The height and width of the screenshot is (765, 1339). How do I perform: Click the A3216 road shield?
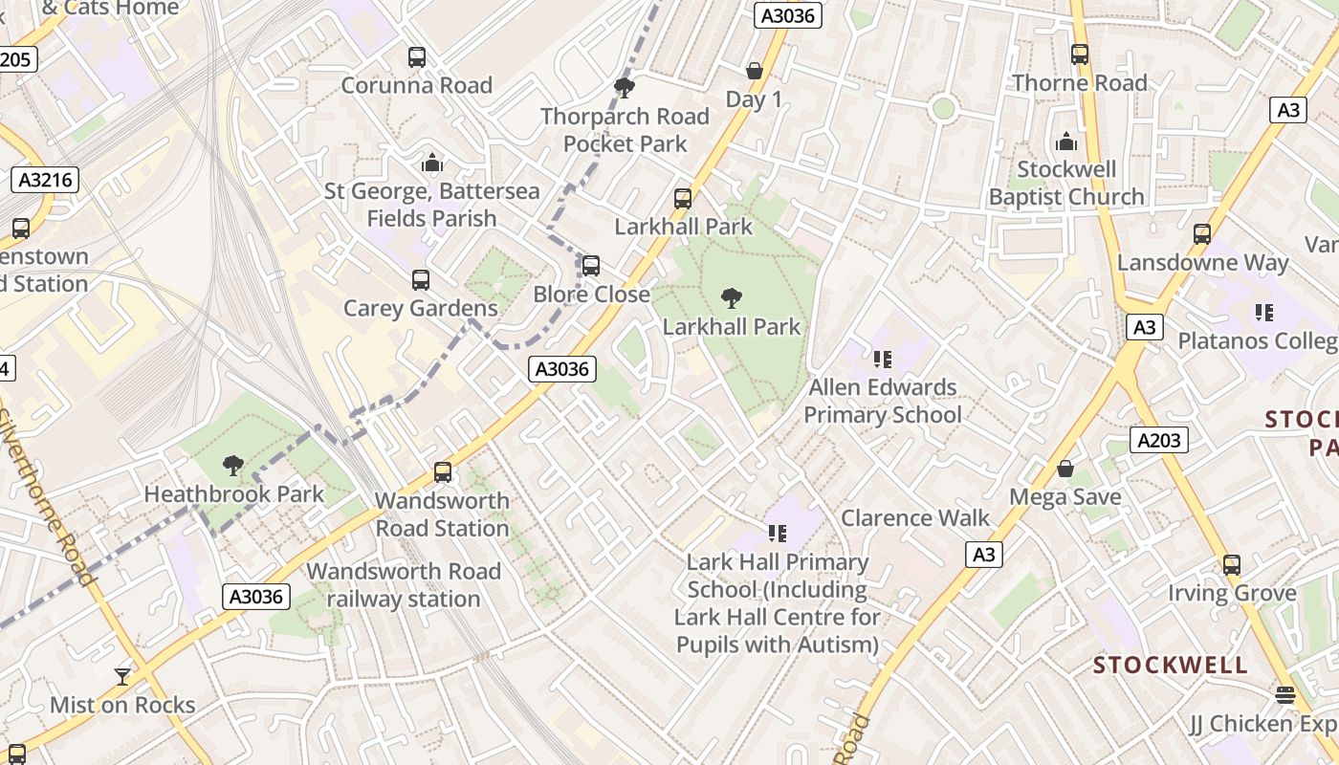pyautogui.click(x=45, y=180)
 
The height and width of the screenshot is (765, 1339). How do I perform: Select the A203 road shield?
pyautogui.click(x=1159, y=440)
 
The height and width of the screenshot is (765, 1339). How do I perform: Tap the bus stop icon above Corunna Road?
pyautogui.click(x=417, y=57)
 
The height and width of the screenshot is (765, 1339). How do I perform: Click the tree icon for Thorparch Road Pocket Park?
pyautogui.click(x=625, y=89)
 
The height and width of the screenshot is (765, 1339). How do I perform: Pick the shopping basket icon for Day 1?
pyautogui.click(x=755, y=72)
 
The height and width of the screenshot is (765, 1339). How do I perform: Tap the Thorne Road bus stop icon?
pyautogui.click(x=1080, y=55)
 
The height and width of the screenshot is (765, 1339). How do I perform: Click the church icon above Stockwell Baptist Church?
pyautogui.click(x=1066, y=142)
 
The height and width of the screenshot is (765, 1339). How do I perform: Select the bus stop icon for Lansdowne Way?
pyautogui.click(x=1202, y=234)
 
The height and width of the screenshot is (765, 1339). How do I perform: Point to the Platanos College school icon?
pyautogui.click(x=1263, y=313)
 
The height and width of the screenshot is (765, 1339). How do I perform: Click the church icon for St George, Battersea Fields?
pyautogui.click(x=432, y=164)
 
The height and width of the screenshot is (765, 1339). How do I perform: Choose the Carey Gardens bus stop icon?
pyautogui.click(x=421, y=280)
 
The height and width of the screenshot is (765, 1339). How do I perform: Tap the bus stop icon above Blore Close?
pyautogui.click(x=591, y=266)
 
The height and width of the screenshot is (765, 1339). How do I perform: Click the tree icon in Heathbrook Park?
pyautogui.click(x=232, y=466)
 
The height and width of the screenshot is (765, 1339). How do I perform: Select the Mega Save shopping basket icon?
pyautogui.click(x=1065, y=470)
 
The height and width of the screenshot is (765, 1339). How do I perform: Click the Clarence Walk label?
pyautogui.click(x=915, y=518)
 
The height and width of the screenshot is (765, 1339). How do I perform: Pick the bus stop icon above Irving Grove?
pyautogui.click(x=1232, y=565)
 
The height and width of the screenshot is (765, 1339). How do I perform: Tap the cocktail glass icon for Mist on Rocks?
pyautogui.click(x=122, y=677)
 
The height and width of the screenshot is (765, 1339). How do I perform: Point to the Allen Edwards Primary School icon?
pyautogui.click(x=882, y=360)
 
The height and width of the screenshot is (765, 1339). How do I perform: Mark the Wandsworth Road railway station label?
pyautogui.click(x=404, y=585)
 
